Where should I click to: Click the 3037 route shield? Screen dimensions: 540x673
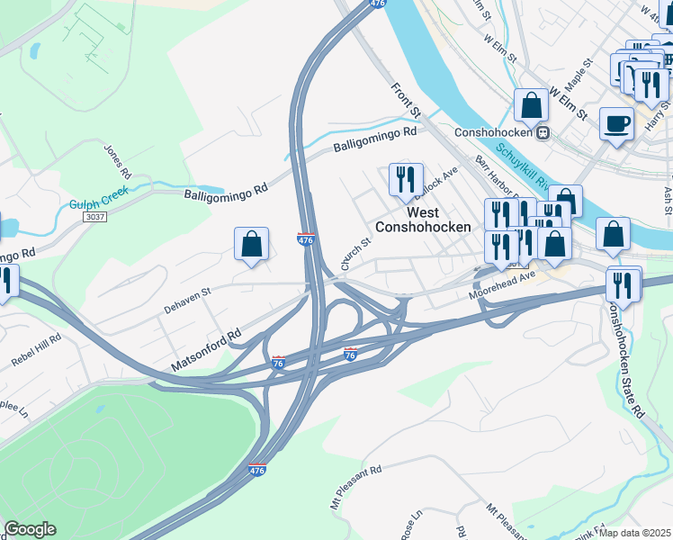point(94,217)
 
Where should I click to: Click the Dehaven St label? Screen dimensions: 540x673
point(186,300)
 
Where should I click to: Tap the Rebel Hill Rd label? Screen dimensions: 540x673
point(36,349)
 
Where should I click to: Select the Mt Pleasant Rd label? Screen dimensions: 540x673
point(355,481)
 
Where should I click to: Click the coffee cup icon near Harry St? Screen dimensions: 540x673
point(616,123)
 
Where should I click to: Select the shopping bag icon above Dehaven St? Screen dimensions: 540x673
point(251,244)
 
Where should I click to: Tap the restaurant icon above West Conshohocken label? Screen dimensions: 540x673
point(405,179)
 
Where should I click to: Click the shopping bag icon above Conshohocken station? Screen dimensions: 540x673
point(532,105)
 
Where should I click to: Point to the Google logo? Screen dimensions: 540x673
point(29,529)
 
